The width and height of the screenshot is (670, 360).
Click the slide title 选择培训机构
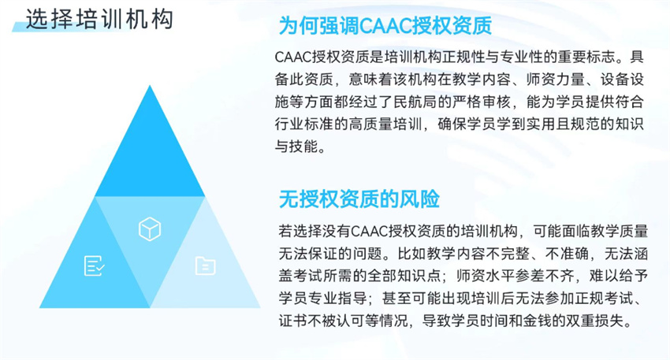coord(99,19)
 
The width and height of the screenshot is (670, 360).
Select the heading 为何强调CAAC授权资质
coord(385,26)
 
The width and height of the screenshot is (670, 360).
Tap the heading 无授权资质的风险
coord(359,199)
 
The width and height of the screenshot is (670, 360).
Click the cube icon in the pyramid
coord(150,229)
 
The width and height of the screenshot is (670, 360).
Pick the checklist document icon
coord(94,265)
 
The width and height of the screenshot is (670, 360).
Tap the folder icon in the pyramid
coord(206,265)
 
